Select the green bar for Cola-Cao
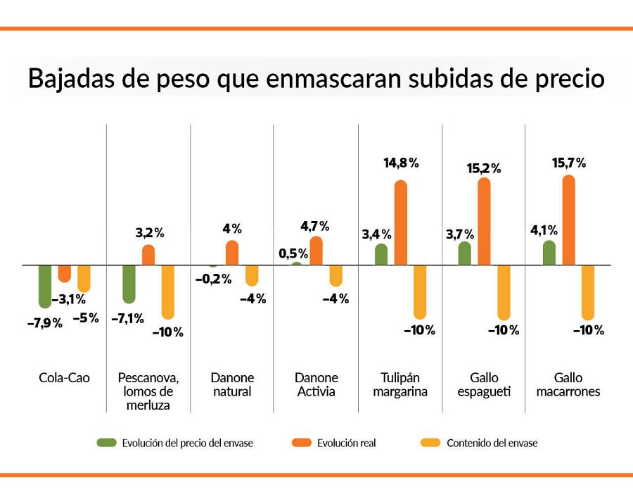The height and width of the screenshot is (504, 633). point(46,286)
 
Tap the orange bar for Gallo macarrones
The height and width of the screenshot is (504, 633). point(569,220)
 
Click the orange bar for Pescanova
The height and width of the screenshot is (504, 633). point(148,255)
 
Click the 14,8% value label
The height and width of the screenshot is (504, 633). point(401,163)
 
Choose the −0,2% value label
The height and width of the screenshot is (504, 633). point(213,279)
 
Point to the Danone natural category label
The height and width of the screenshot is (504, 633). point(232,385)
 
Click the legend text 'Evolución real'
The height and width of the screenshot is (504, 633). point(346,443)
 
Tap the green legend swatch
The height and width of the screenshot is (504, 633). point(107,443)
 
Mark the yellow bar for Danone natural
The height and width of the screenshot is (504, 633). point(252,275)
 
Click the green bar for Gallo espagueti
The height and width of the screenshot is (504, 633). point(464,254)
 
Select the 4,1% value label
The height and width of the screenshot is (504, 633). point(544,229)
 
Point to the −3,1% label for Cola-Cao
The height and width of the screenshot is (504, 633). point(69,300)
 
